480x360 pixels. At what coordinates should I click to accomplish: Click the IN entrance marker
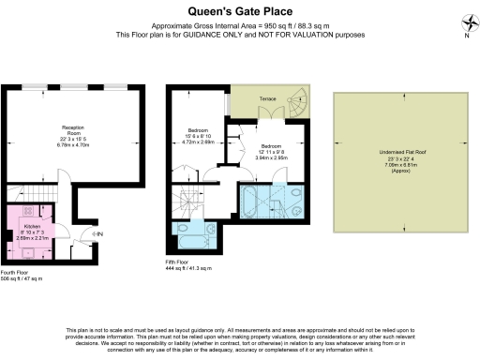(x=98, y=233)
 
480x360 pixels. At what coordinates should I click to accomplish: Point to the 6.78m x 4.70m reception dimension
(x=74, y=145)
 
